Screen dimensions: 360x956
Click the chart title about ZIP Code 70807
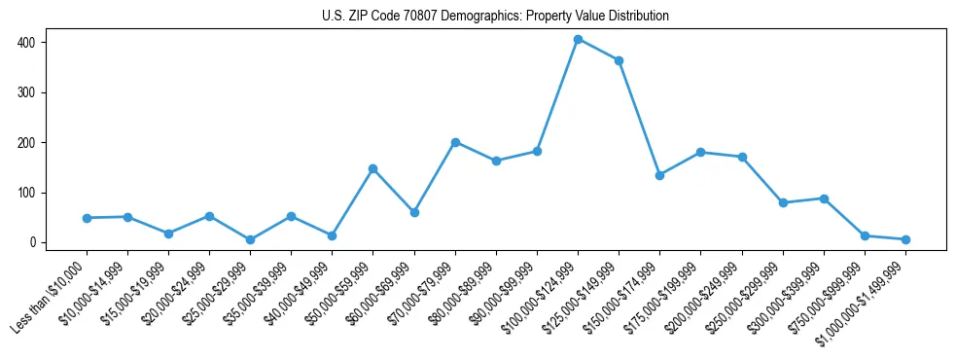coord(495,17)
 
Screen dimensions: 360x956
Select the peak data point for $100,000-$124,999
coord(578,40)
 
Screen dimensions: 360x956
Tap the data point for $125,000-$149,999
coord(619,60)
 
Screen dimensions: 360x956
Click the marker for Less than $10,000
coord(87,218)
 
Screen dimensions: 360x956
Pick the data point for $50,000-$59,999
coord(372,168)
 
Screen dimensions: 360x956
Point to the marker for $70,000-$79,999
coord(455,142)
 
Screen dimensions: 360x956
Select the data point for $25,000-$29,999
coord(250,239)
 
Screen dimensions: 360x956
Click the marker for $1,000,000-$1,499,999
coord(905,239)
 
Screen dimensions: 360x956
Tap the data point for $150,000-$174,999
coord(659,175)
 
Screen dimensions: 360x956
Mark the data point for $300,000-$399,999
coord(824,198)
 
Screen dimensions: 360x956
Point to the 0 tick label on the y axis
coord(32,242)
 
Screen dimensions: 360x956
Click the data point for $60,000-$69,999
coord(414,212)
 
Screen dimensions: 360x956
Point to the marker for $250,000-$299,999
coord(783,202)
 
